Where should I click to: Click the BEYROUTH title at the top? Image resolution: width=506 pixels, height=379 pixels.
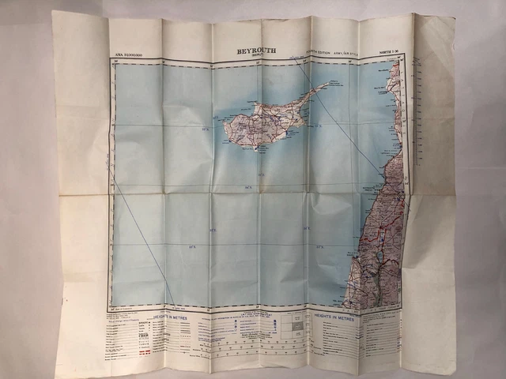(x=257, y=52)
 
